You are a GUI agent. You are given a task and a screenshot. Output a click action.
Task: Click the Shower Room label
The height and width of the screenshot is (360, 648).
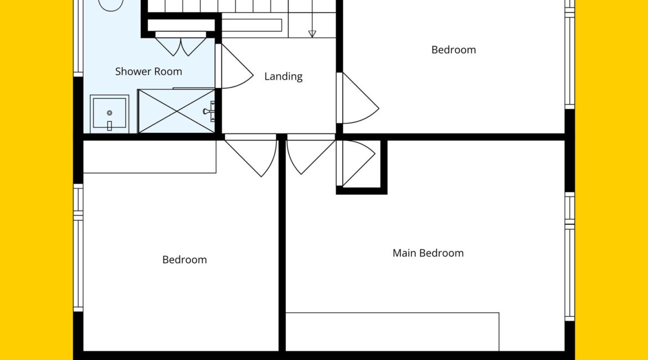(x=148, y=71)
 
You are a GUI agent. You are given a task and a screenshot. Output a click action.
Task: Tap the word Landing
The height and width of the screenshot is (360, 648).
(x=283, y=76)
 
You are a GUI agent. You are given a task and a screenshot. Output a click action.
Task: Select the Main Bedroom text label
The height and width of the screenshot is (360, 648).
(x=428, y=253)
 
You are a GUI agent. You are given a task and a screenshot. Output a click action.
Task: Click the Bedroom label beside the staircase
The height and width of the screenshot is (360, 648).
(x=454, y=50)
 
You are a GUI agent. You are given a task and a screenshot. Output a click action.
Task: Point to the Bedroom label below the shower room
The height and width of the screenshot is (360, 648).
(x=184, y=260)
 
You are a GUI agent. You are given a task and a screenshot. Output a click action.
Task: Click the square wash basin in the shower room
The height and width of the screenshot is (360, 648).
(x=110, y=113)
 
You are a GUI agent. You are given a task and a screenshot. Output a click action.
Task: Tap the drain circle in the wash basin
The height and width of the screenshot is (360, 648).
(x=110, y=113)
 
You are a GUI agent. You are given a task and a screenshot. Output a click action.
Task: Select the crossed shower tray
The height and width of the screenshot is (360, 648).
(x=177, y=111)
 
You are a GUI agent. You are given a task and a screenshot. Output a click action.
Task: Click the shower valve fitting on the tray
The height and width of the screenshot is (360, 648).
(x=209, y=111)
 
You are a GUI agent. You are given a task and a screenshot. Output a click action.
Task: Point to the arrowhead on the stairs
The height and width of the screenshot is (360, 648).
(x=312, y=34)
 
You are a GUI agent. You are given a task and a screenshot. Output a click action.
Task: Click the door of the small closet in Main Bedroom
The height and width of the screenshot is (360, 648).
(x=356, y=163)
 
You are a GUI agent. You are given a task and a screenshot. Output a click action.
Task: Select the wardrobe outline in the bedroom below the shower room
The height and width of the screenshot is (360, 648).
(x=150, y=157)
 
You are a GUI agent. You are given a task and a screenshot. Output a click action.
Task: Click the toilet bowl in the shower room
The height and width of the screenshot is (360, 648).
(x=111, y=5)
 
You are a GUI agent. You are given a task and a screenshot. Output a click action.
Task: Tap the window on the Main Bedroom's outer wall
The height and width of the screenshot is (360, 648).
(x=570, y=256)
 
